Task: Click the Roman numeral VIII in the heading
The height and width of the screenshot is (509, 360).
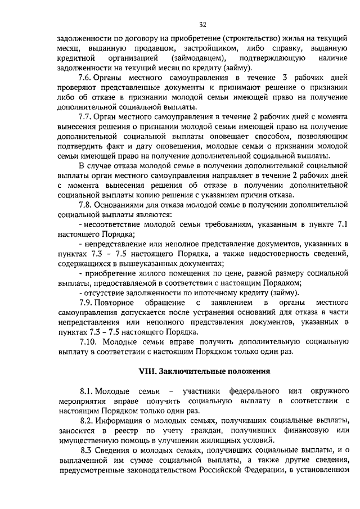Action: (147, 371)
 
